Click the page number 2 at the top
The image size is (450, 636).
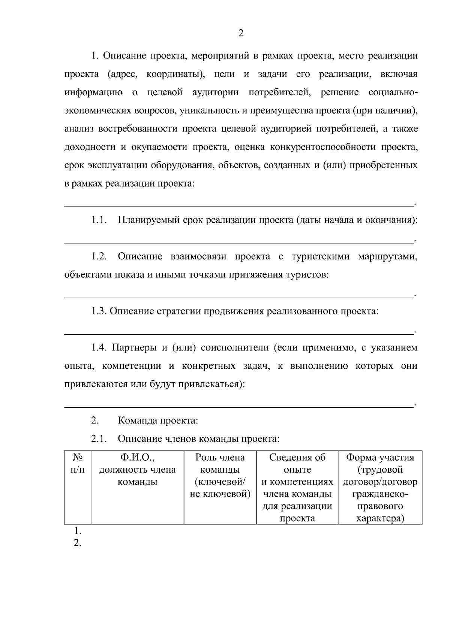[x=241, y=34]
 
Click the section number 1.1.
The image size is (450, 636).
[x=99, y=220]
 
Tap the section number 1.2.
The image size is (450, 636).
[x=99, y=257]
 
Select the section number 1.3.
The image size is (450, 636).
[x=99, y=311]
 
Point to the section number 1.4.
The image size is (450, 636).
[x=99, y=348]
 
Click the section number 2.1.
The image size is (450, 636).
[x=99, y=438]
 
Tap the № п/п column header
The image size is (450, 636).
[x=78, y=464]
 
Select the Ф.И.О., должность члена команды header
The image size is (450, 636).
[x=137, y=470]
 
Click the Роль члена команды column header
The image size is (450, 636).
[x=220, y=476]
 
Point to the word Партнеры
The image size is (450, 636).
[x=134, y=348]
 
